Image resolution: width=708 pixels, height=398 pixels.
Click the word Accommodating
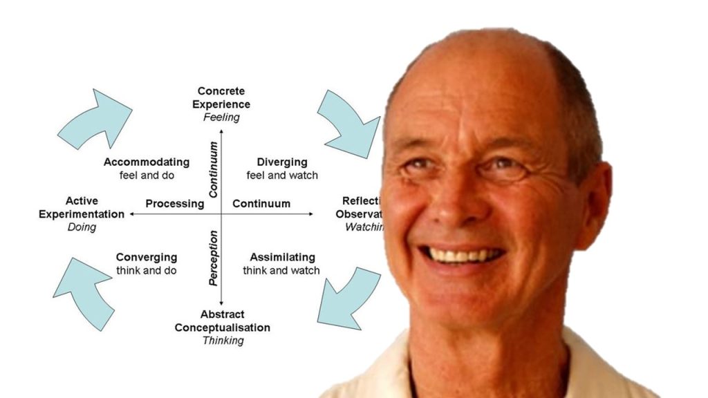[x=146, y=162]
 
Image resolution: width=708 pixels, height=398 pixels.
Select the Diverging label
[x=282, y=162]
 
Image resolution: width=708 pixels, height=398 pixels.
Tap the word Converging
[x=146, y=258]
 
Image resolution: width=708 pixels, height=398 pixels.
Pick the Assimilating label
[x=282, y=258]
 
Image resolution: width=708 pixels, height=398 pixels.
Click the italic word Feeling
[x=221, y=117]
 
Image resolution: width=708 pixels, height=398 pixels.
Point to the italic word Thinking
[x=223, y=340]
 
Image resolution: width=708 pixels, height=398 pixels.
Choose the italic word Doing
[x=82, y=227]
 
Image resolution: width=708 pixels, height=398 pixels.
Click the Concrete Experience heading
[x=221, y=97]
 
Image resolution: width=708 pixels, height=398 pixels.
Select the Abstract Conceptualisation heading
[x=223, y=321]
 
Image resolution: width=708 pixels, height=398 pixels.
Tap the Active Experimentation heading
[x=82, y=207]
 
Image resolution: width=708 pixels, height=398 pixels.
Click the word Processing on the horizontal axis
[x=175, y=204]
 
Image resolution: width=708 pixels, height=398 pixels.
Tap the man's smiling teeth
[x=465, y=255]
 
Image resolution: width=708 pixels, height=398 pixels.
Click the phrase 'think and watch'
[x=281, y=271]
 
